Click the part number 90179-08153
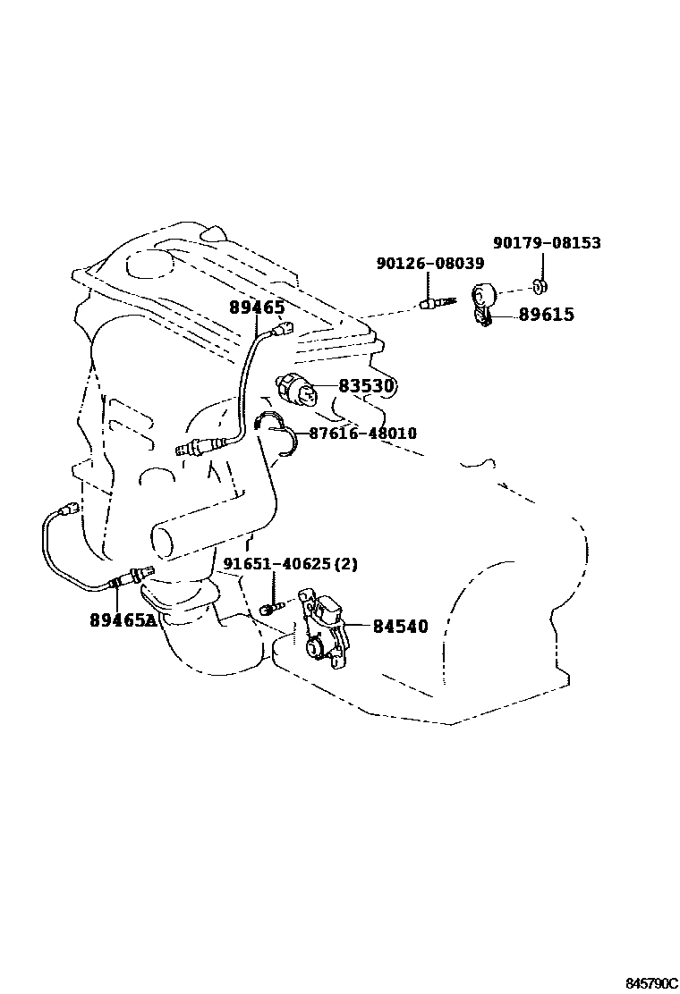[547, 243]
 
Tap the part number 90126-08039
[429, 264]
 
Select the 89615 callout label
[547, 315]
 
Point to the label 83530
[367, 386]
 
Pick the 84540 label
[400, 627]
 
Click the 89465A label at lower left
[123, 619]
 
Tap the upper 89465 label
[257, 307]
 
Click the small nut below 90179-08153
[541, 286]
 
